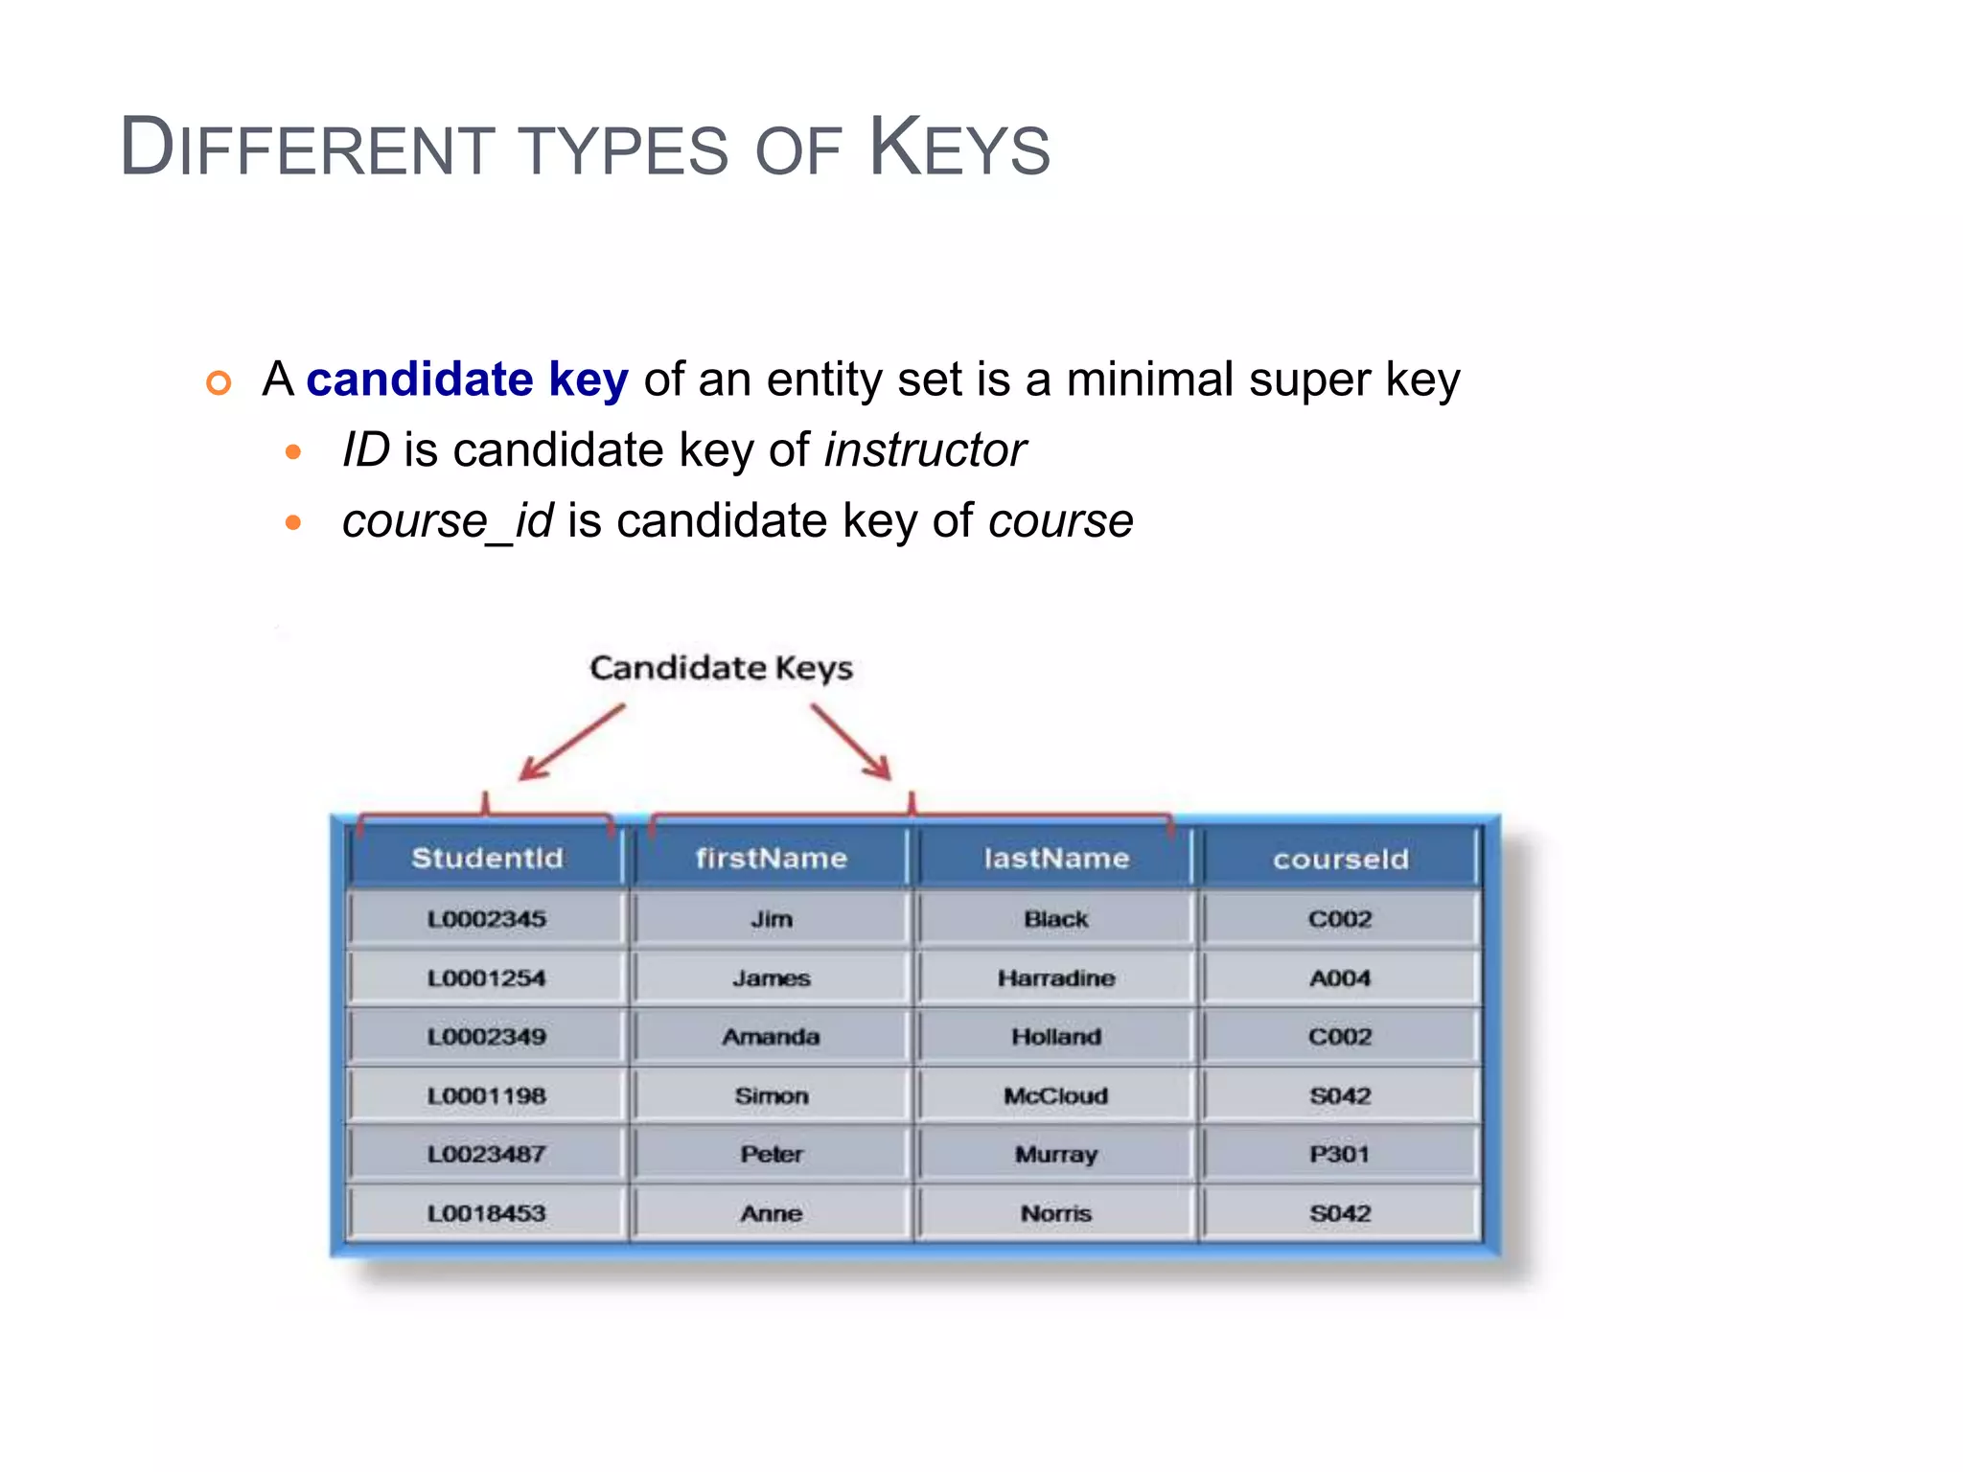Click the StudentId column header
point(487,858)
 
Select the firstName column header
point(772,858)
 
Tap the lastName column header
point(1056,858)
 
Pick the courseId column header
point(1340,859)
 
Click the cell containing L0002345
point(487,919)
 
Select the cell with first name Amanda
point(772,1037)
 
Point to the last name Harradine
point(1056,978)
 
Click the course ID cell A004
point(1340,978)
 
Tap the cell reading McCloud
point(1056,1095)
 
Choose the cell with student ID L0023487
point(487,1154)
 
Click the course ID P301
point(1340,1154)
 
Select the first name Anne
point(772,1213)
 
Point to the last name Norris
point(1056,1213)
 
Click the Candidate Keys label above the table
point(721,668)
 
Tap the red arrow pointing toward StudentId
point(571,743)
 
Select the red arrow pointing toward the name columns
point(851,743)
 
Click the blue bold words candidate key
point(467,379)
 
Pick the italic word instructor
point(925,450)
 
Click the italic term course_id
point(448,521)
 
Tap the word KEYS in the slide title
point(959,149)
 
